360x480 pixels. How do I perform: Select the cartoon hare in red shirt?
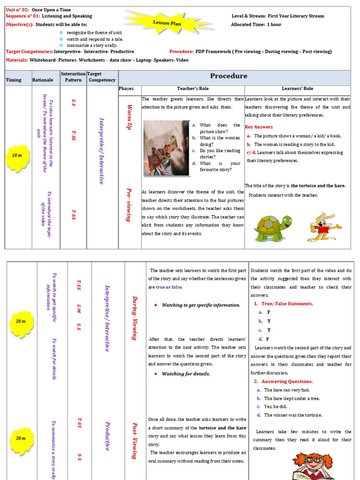tap(323, 227)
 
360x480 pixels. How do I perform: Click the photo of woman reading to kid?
tap(166, 148)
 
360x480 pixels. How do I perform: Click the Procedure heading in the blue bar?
tap(228, 76)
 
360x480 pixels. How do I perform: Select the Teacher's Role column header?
tap(193, 89)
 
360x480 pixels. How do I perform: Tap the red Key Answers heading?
tap(259, 127)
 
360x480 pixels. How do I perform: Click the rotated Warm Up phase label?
tap(130, 117)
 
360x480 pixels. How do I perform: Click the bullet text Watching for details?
tap(186, 374)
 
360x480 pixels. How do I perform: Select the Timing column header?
tap(14, 80)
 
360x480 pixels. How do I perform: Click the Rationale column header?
tap(43, 80)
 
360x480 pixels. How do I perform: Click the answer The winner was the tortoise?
tap(292, 415)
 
